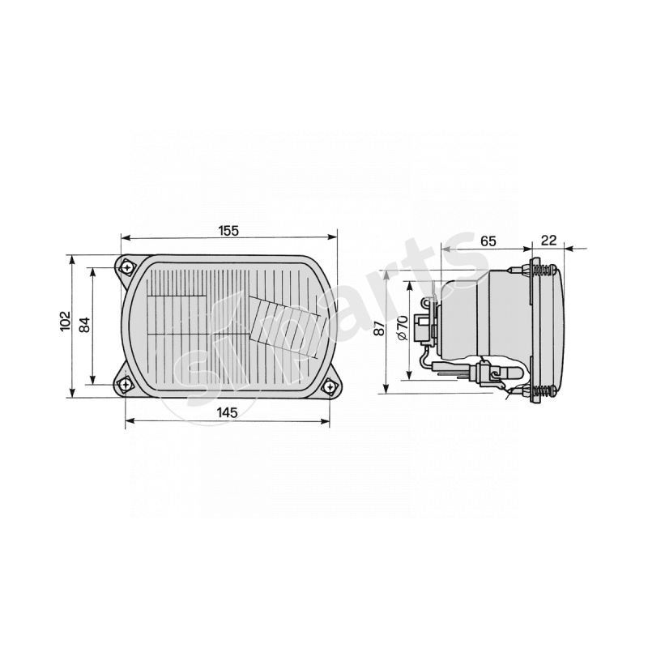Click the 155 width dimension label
(x=229, y=231)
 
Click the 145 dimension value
(x=228, y=412)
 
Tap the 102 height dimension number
(x=66, y=321)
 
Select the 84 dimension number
(x=84, y=325)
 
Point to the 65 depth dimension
(x=488, y=241)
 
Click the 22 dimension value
(x=549, y=240)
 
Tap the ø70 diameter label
(x=403, y=327)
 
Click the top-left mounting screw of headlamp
(x=127, y=268)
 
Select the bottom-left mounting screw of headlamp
(x=125, y=385)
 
